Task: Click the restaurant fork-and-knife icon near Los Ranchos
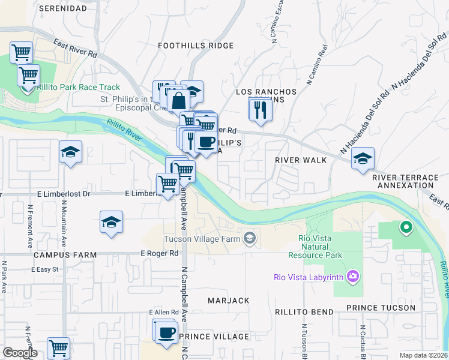(x=260, y=110)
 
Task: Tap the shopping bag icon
(x=179, y=100)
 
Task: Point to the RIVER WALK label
(x=301, y=160)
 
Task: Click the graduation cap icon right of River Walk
(x=363, y=159)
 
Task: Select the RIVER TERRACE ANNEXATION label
(x=405, y=181)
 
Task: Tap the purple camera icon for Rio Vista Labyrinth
(x=354, y=277)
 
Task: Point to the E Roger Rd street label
(x=160, y=254)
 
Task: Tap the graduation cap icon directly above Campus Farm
(x=112, y=223)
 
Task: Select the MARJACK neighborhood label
(x=228, y=300)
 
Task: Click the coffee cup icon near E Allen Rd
(x=165, y=331)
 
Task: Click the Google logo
(x=20, y=353)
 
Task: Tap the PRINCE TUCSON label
(x=381, y=308)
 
